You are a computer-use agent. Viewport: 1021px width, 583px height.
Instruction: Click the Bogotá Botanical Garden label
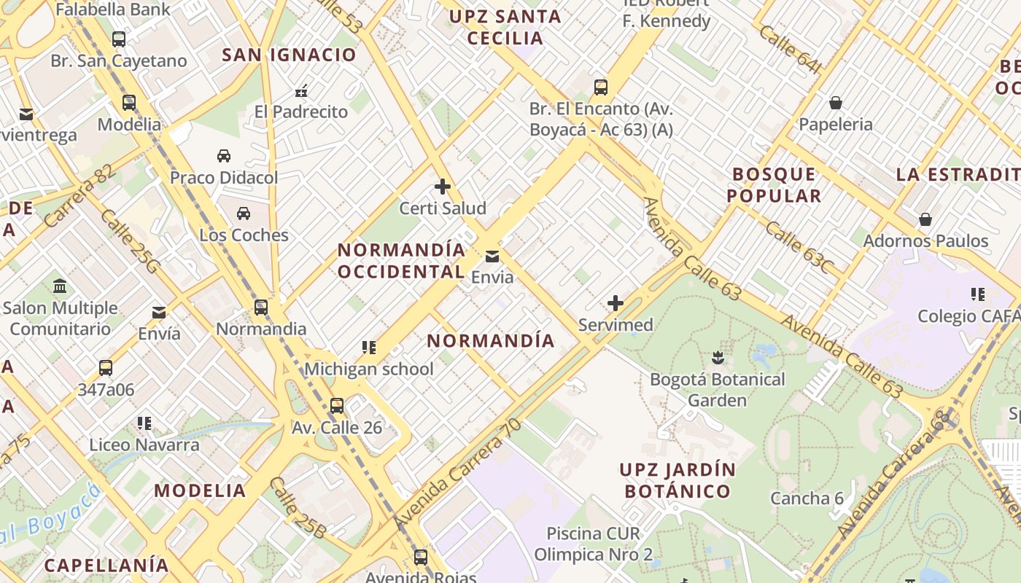pyautogui.click(x=717, y=390)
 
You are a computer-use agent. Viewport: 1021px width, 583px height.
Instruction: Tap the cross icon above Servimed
pyautogui.click(x=616, y=303)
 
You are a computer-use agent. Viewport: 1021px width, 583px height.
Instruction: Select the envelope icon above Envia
pyautogui.click(x=492, y=256)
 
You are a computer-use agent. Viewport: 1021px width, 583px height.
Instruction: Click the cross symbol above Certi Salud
pyautogui.click(x=442, y=187)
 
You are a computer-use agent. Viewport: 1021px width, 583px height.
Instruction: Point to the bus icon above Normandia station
pyautogui.click(x=261, y=308)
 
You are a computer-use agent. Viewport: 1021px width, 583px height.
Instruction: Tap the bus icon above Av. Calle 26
pyautogui.click(x=337, y=406)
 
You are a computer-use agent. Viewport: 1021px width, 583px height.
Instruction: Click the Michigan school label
pyautogui.click(x=368, y=369)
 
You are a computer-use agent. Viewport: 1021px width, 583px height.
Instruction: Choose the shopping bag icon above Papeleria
pyautogui.click(x=836, y=103)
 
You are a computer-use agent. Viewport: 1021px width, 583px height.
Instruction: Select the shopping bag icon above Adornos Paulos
pyautogui.click(x=925, y=219)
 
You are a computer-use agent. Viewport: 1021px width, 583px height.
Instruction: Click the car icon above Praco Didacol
pyautogui.click(x=224, y=156)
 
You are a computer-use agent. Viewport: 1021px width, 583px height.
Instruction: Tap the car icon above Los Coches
pyautogui.click(x=244, y=214)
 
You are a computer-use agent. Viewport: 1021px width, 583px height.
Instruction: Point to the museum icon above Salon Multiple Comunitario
pyautogui.click(x=60, y=286)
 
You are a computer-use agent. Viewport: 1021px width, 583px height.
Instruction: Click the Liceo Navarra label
pyautogui.click(x=144, y=445)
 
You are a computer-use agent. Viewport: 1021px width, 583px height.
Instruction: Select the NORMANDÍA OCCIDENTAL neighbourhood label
pyautogui.click(x=401, y=261)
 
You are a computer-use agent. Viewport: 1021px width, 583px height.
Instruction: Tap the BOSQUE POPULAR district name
pyautogui.click(x=774, y=185)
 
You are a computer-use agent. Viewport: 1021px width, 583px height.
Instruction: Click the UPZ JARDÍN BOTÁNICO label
pyautogui.click(x=678, y=480)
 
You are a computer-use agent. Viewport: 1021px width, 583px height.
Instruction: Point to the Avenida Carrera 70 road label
pyautogui.click(x=458, y=474)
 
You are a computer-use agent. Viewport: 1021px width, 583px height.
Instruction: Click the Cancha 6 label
pyautogui.click(x=807, y=498)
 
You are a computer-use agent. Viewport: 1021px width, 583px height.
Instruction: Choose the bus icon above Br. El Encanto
pyautogui.click(x=601, y=87)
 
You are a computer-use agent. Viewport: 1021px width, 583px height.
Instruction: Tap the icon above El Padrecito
pyautogui.click(x=301, y=92)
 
